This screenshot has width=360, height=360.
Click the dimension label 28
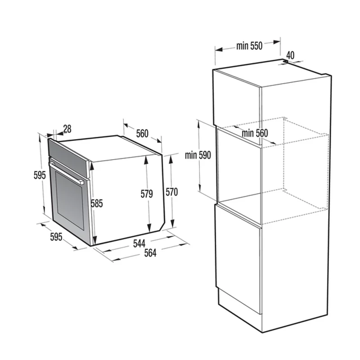click(x=67, y=129)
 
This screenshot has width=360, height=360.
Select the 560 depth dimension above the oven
click(x=142, y=133)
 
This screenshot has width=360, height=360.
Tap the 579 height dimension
click(x=147, y=194)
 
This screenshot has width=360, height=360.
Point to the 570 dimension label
click(x=172, y=192)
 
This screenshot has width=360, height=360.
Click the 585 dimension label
click(x=97, y=203)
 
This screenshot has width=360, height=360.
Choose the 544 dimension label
click(x=139, y=243)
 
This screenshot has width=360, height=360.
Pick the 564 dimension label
click(x=150, y=253)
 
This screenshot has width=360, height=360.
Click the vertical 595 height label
click(x=40, y=175)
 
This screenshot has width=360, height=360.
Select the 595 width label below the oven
click(x=56, y=237)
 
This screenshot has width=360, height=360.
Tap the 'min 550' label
click(x=249, y=46)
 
